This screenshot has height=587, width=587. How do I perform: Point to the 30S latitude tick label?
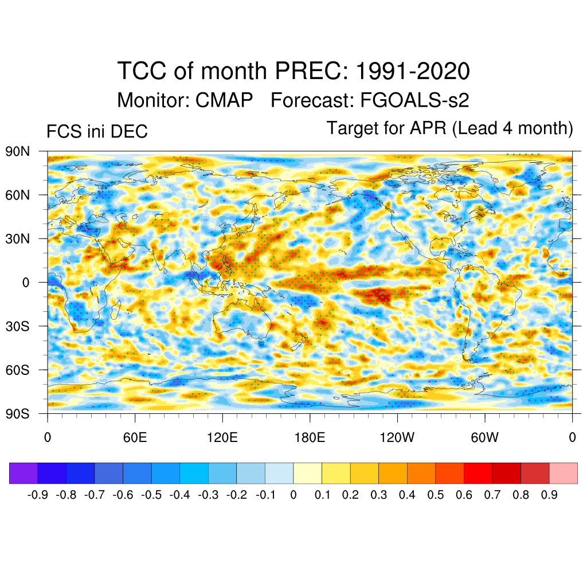coord(17,326)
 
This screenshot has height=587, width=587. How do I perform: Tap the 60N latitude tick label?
coord(17,195)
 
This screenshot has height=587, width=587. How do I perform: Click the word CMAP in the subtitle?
coord(224,100)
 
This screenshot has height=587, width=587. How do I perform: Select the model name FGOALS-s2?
coord(414,100)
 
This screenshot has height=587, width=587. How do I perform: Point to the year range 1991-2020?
coord(413,72)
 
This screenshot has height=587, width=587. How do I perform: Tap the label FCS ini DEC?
coord(97,131)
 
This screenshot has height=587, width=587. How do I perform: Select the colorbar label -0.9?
coord(38,495)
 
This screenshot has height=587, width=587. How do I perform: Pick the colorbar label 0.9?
coord(549,495)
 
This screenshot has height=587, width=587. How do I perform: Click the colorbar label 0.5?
coord(436,495)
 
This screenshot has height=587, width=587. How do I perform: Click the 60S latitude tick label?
coord(17,370)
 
